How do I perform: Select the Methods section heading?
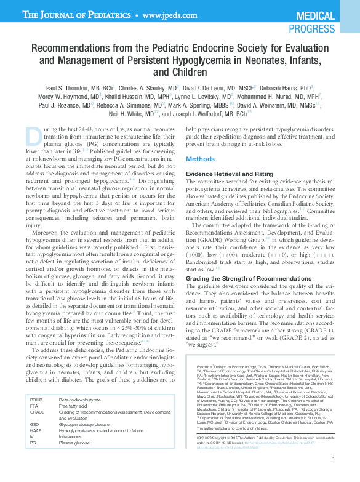pos(200,158)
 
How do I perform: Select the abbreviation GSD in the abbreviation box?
pos(34,440)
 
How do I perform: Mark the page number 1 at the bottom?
pos(332,475)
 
